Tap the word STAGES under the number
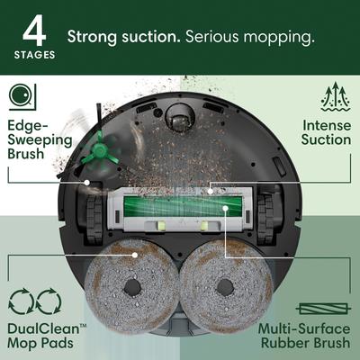33,54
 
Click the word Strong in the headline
94,38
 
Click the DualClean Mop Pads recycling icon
32,301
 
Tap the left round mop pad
131,286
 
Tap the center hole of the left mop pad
132,289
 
